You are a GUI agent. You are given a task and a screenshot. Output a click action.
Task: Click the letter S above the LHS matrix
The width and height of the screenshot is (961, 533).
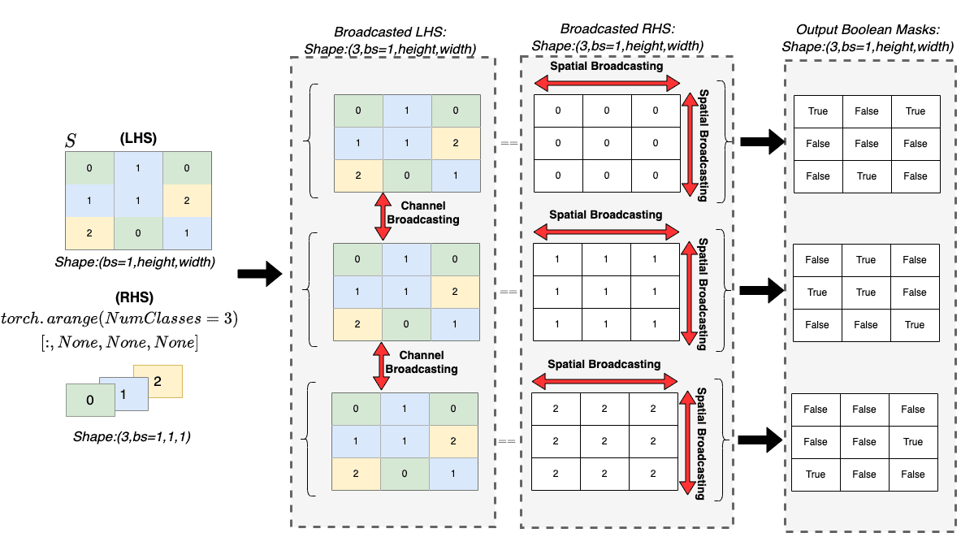pyautogui.click(x=71, y=141)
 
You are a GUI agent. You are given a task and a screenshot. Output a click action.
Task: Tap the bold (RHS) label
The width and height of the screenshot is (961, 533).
pyautogui.click(x=136, y=297)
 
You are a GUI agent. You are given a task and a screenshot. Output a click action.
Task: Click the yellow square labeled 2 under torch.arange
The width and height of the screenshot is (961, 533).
pyautogui.click(x=158, y=381)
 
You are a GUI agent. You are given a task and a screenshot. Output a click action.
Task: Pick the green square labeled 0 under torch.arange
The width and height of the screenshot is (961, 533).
pyautogui.click(x=89, y=399)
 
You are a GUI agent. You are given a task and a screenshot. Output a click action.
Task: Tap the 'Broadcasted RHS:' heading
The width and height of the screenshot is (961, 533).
pyautogui.click(x=613, y=32)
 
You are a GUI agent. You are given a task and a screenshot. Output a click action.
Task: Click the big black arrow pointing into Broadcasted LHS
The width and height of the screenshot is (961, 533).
pyautogui.click(x=258, y=275)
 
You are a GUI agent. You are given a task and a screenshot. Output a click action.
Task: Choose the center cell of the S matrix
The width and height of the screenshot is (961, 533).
pyautogui.click(x=138, y=200)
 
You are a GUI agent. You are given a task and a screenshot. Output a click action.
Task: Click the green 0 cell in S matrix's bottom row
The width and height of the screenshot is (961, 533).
pyautogui.click(x=138, y=232)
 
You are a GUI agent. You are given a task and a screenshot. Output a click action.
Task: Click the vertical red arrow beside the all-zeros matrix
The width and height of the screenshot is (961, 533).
pyautogui.click(x=690, y=144)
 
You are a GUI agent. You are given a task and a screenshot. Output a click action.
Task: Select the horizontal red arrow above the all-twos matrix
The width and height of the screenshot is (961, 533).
pyautogui.click(x=604, y=379)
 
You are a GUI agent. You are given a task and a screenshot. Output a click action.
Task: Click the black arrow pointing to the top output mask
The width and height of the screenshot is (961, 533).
pyautogui.click(x=764, y=143)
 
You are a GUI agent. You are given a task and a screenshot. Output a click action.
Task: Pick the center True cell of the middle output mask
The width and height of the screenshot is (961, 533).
pyautogui.click(x=866, y=292)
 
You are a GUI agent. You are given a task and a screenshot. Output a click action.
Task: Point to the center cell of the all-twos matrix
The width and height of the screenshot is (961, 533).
pyautogui.click(x=603, y=442)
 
